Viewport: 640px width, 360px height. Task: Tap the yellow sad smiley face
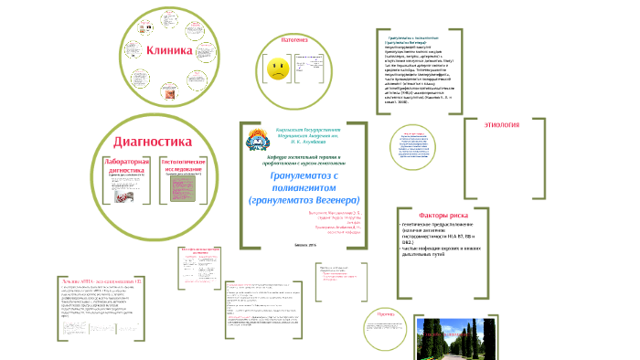tap(276, 68)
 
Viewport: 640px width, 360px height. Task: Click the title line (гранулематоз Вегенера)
tap(304, 199)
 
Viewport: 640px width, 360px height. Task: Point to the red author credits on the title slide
tap(336, 222)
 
